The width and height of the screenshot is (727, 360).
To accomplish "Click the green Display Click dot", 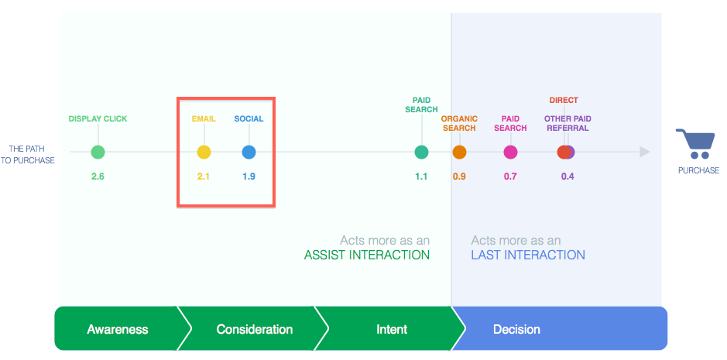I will [98, 153].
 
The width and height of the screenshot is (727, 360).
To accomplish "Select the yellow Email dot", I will [204, 153].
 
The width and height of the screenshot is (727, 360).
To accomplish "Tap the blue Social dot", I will [249, 153].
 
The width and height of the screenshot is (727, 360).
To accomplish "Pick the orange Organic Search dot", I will [459, 153].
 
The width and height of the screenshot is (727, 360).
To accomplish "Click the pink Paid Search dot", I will [510, 153].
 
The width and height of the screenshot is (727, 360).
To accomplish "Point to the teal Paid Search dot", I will [421, 153].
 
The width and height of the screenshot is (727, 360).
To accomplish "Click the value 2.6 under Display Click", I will [98, 177].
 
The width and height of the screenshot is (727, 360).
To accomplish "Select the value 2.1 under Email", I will [204, 177].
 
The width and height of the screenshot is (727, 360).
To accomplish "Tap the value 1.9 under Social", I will [249, 177].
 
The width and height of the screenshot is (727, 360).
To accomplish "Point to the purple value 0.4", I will [568, 177].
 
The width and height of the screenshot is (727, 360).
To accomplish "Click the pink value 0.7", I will [510, 177].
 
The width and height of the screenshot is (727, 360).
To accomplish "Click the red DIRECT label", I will [564, 101].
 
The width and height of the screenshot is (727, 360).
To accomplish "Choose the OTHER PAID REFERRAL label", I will [568, 123].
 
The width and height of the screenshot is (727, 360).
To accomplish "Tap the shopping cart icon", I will [694, 145].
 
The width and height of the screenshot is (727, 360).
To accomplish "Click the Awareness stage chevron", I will [117, 329].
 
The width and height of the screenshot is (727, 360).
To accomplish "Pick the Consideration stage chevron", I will [254, 329].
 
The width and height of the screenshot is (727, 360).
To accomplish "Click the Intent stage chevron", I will [392, 329].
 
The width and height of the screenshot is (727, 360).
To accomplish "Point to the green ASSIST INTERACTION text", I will [366, 255].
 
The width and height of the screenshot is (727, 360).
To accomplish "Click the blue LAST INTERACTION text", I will [528, 255].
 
